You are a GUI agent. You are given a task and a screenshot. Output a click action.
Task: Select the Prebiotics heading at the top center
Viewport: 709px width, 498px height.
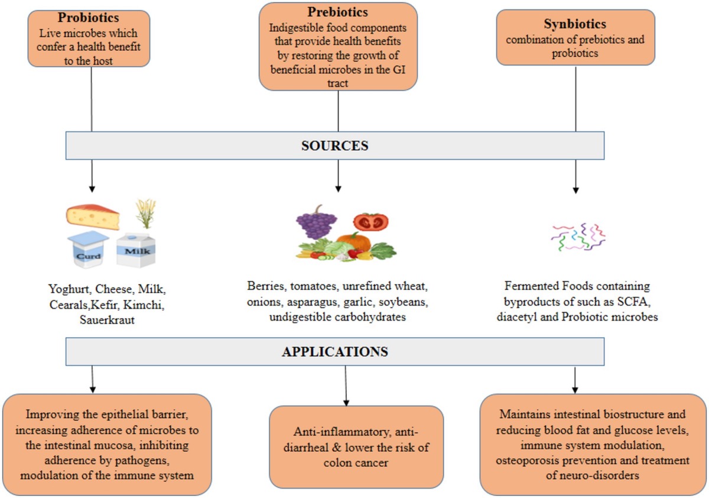coord(338,12)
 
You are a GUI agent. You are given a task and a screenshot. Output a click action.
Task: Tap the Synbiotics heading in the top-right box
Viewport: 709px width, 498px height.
coord(575,25)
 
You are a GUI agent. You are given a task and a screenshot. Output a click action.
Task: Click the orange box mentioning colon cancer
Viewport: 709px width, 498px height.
coord(356,447)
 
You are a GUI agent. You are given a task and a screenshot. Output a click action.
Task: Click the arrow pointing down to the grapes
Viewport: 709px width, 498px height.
coord(338,177)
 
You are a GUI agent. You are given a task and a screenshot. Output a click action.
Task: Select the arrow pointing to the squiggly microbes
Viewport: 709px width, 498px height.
coord(575,177)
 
